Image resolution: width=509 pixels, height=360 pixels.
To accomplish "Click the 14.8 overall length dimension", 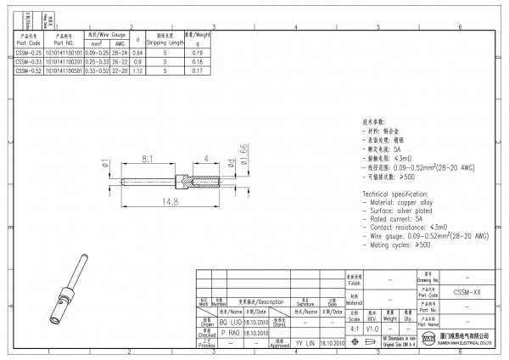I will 171,201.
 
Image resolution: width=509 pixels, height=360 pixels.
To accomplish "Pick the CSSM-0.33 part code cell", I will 28,62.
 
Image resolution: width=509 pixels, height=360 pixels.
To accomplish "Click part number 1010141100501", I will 67,70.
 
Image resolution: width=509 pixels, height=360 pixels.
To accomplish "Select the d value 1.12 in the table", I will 137,70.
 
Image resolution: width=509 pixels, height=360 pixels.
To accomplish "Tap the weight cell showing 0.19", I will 198,53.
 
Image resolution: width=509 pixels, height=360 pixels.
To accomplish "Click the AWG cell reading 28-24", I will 120,53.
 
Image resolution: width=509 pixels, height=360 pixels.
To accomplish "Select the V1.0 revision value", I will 372,327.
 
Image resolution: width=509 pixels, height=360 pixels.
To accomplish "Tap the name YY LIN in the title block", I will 305,343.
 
